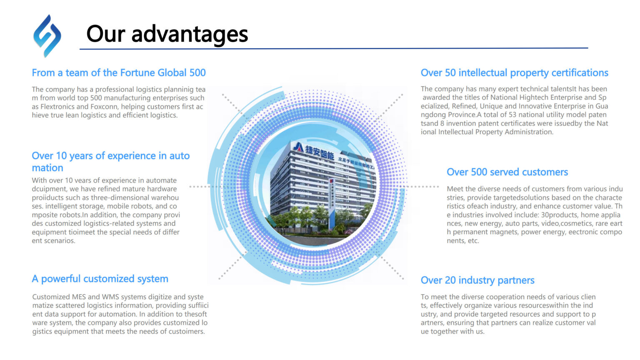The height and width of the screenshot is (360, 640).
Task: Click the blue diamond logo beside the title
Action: tap(47, 36)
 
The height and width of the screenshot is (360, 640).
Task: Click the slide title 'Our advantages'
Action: tap(167, 34)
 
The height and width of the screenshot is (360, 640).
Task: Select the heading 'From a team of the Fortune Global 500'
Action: tap(119, 73)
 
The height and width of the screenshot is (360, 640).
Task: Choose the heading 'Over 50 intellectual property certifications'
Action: tap(514, 73)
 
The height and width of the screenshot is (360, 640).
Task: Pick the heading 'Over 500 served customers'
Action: tap(507, 172)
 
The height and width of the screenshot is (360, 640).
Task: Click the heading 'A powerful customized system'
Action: tap(100, 279)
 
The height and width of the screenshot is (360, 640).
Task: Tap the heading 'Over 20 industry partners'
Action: tap(477, 280)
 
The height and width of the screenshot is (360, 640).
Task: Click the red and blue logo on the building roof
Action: tap(298, 147)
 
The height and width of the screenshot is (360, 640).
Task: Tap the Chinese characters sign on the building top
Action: tap(320, 152)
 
